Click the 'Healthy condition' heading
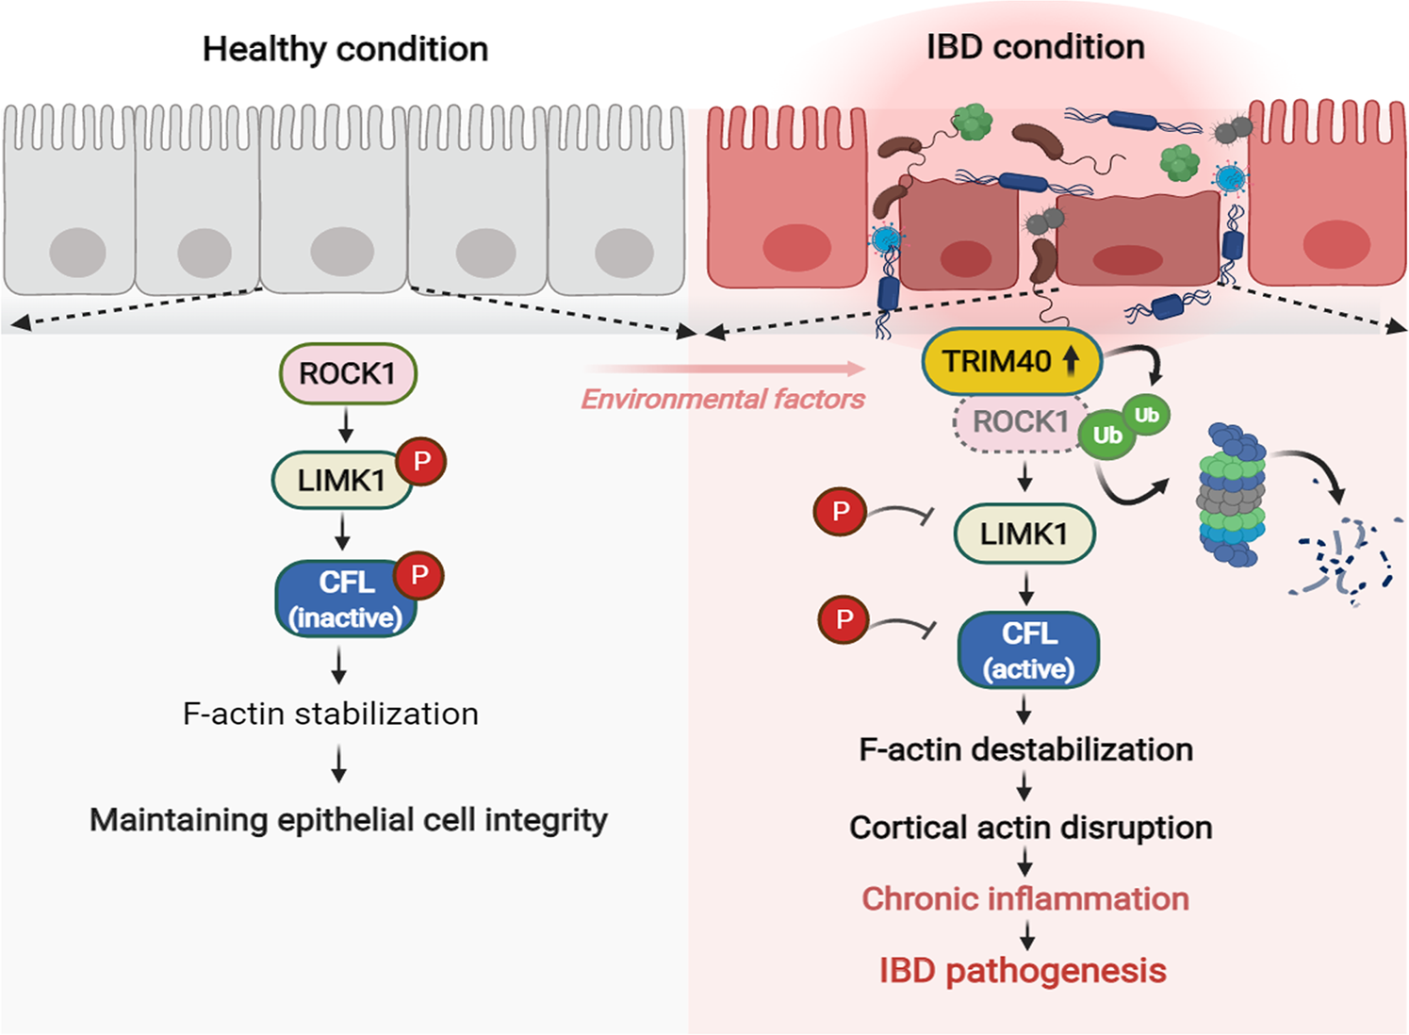click(x=345, y=49)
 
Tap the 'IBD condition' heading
click(x=1035, y=46)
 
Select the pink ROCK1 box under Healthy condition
click(x=348, y=373)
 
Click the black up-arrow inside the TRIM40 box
click(x=1071, y=360)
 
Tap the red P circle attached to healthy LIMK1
click(x=421, y=462)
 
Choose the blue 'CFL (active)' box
click(x=1028, y=650)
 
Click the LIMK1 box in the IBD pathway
click(x=1024, y=534)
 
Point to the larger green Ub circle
click(x=1106, y=435)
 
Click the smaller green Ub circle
click(x=1146, y=415)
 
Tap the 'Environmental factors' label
click(x=723, y=400)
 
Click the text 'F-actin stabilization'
click(x=331, y=714)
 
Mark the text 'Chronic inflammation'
click(x=1024, y=898)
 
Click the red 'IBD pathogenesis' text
click(x=1023, y=970)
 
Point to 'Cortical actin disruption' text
click(x=1030, y=827)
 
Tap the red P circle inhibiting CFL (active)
click(x=844, y=618)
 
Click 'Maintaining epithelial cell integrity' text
click(x=348, y=819)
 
